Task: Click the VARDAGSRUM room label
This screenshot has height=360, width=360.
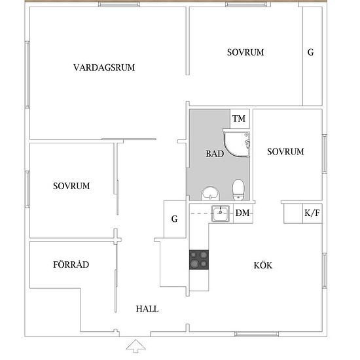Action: click(x=104, y=67)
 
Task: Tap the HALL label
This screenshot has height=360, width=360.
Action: click(x=147, y=309)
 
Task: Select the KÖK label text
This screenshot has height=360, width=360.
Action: click(x=263, y=265)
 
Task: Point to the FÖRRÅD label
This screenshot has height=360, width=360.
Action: click(x=71, y=264)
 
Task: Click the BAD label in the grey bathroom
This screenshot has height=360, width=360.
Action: click(x=215, y=154)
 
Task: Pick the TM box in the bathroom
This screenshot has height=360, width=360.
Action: click(x=240, y=118)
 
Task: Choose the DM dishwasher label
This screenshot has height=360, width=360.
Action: click(x=242, y=213)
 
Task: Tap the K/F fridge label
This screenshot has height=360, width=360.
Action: click(x=312, y=213)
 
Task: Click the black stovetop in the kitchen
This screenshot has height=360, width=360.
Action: click(x=199, y=260)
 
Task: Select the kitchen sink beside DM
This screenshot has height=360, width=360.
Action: click(x=221, y=213)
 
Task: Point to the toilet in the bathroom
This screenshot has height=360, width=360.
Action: click(x=238, y=190)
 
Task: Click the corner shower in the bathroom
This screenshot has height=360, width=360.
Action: click(x=237, y=143)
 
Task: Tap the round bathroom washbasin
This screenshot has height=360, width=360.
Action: click(x=211, y=193)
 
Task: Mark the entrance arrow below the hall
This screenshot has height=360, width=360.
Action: click(x=135, y=346)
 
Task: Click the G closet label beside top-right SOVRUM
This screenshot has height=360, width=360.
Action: click(x=311, y=52)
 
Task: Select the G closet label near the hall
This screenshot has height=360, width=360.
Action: click(x=175, y=219)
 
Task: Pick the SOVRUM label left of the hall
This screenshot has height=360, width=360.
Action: click(x=71, y=186)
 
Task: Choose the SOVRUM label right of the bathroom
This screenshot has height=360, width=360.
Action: click(x=285, y=152)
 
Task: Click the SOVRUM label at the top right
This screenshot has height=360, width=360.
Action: click(x=245, y=52)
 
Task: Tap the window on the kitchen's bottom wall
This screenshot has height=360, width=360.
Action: click(x=257, y=334)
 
